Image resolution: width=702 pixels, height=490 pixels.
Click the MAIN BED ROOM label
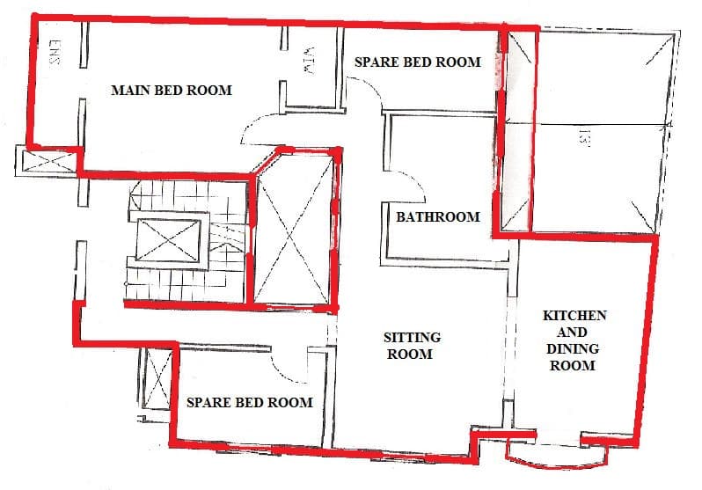point(171,90)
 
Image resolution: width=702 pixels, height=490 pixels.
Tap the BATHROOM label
point(437,216)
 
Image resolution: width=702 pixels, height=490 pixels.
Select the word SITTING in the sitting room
point(412,338)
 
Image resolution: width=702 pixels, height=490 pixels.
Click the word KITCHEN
point(574,315)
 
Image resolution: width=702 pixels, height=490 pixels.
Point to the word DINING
point(573,348)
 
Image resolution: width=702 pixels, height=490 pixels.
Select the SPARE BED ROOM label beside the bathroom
point(417,62)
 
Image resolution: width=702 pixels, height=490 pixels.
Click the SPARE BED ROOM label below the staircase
point(250,402)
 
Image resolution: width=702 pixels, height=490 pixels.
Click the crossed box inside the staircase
point(166,238)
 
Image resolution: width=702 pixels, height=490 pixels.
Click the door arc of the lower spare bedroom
point(290,360)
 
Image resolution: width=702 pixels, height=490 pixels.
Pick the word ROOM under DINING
point(573,365)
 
